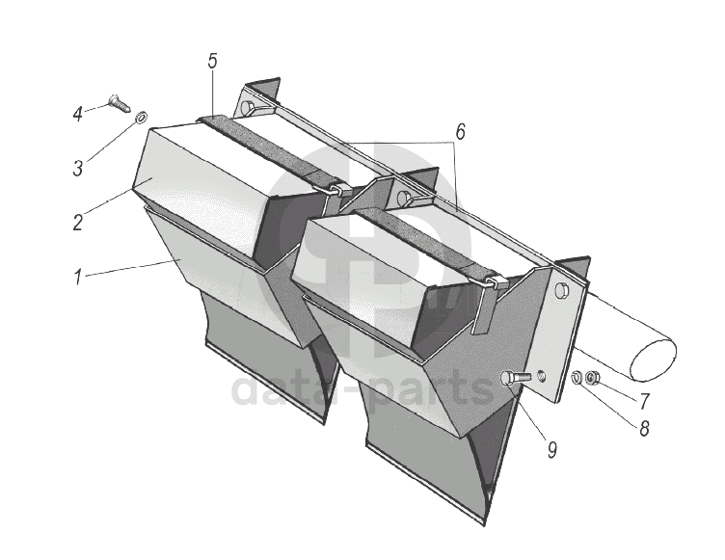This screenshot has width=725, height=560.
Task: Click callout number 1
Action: tap(79, 278)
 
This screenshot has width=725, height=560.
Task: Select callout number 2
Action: tap(77, 223)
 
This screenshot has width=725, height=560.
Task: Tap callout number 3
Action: tap(77, 168)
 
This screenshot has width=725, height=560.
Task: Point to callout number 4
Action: tap(78, 114)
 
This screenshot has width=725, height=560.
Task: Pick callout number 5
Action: tap(212, 61)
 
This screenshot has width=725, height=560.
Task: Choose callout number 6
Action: tap(460, 132)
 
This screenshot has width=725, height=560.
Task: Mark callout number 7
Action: tap(644, 401)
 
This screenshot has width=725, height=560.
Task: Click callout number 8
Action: tap(644, 429)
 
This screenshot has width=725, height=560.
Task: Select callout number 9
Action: tap(551, 449)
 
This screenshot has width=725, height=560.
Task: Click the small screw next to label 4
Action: tap(119, 103)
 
